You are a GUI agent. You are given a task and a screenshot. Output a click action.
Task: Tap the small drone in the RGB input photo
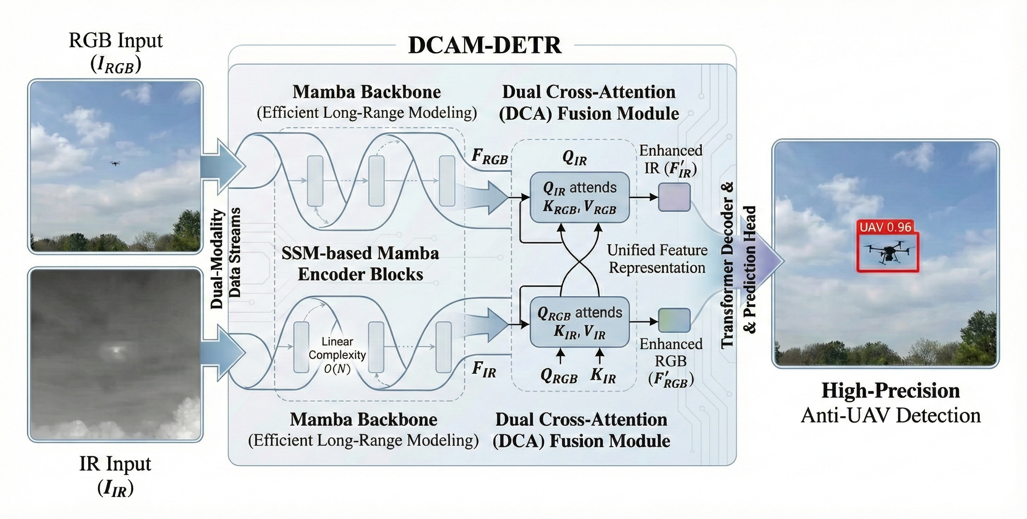coord(115,164)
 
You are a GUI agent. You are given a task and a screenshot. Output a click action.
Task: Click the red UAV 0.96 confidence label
coord(885,227)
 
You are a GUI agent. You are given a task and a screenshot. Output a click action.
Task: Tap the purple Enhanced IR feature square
coord(674,197)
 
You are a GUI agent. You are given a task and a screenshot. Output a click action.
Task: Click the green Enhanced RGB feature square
coord(674,320)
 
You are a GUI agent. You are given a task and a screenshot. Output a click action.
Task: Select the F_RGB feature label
coord(490,157)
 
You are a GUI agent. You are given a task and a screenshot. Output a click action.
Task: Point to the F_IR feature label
coord(484,369)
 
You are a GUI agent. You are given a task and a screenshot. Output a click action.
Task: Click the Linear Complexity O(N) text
coord(337,355)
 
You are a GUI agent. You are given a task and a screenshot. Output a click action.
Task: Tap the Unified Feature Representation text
coord(657,259)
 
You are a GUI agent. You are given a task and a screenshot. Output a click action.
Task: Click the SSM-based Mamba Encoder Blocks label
coord(360,263)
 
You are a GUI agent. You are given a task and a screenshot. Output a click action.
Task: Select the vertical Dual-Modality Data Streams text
coord(226,258)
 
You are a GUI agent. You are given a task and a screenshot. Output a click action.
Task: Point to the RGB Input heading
coord(116,41)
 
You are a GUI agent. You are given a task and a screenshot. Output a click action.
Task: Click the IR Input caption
coord(115,464)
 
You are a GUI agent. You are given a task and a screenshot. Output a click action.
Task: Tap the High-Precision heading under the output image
coord(891,391)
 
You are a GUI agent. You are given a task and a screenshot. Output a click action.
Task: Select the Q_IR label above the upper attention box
coord(575,159)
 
